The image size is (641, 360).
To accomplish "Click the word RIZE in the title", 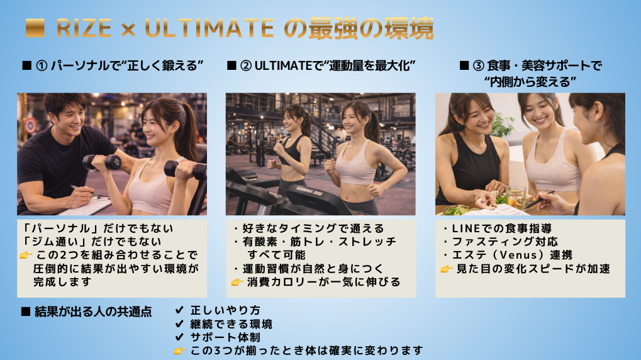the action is click(84, 28).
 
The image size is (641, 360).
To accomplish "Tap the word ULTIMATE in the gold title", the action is click(209, 28).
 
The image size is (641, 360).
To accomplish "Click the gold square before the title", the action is click(35, 28).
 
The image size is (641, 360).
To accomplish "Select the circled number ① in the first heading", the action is click(42, 65).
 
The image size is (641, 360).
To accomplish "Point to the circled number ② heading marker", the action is click(246, 65).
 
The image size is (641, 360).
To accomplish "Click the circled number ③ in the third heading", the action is click(479, 65).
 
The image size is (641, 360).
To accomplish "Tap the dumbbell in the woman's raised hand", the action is click(102, 162).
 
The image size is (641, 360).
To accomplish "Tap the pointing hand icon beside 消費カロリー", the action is click(237, 282).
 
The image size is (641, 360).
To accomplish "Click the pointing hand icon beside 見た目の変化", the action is click(447, 269).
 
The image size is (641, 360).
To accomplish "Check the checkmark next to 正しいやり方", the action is click(179, 310).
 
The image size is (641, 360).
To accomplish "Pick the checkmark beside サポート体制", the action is click(179, 337).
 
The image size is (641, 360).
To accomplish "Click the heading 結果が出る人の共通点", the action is click(93, 312).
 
